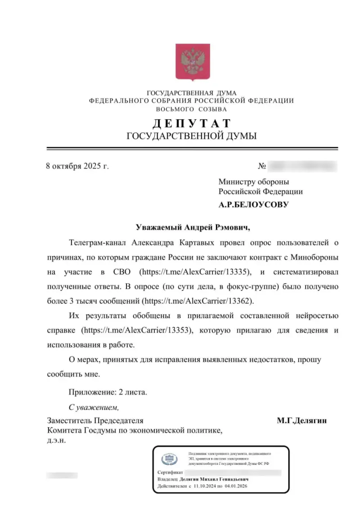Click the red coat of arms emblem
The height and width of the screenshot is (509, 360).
[x=193, y=62]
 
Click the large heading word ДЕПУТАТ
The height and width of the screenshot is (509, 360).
[x=192, y=124]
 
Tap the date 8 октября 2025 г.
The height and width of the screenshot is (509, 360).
[x=77, y=166]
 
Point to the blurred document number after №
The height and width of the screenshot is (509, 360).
[x=302, y=166]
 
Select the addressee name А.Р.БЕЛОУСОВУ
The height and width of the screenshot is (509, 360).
[x=254, y=204]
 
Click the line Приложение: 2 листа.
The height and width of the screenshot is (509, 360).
[x=108, y=392]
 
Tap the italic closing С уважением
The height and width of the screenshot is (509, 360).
[x=94, y=408]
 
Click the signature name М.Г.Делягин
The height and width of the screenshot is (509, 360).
[x=301, y=421]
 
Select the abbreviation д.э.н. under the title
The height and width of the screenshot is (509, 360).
[x=57, y=441]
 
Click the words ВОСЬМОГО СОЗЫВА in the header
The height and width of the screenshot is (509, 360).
[x=192, y=109]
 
